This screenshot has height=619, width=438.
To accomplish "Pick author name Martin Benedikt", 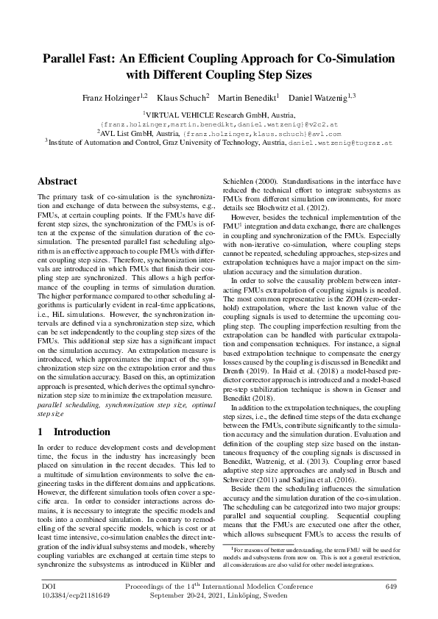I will [x=250, y=97].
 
